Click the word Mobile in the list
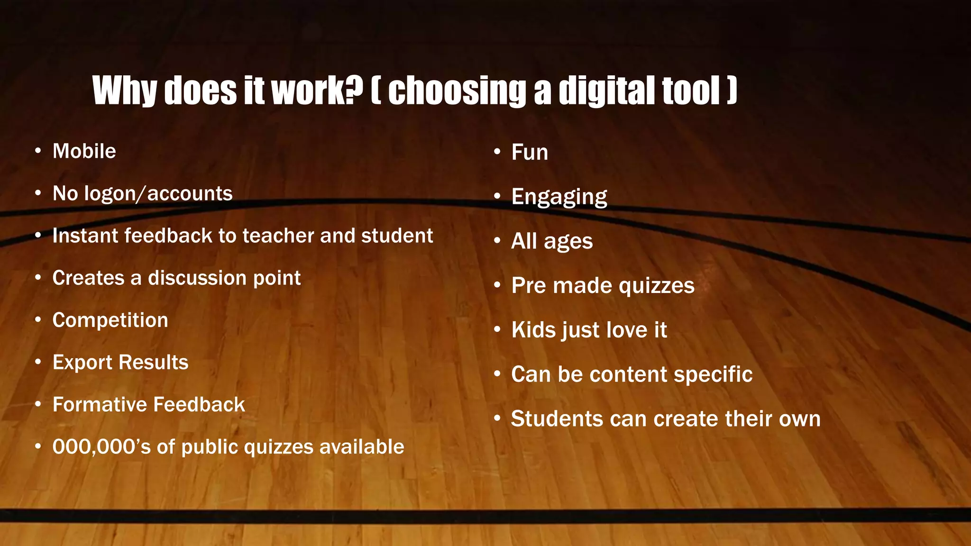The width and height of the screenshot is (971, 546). pos(84,151)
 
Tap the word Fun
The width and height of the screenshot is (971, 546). pos(530,153)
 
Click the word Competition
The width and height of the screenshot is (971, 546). pos(110,320)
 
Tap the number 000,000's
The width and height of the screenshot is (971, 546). pos(101,447)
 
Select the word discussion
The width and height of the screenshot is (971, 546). pos(197,278)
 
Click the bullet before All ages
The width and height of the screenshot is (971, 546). pos(497,241)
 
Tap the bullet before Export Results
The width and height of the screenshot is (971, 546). pos(38,363)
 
